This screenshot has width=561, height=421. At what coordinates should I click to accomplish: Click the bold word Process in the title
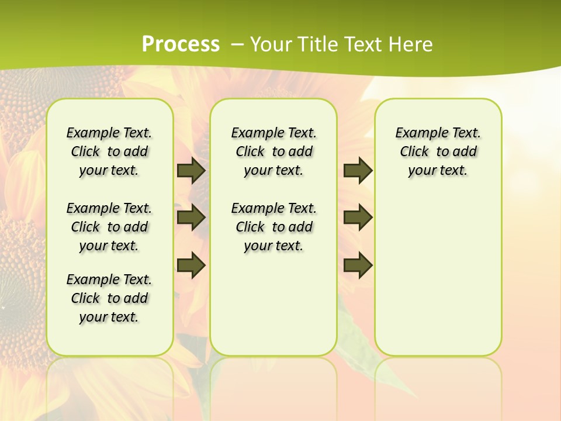coord(181,44)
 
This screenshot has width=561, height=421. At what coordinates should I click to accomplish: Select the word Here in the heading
coord(411,44)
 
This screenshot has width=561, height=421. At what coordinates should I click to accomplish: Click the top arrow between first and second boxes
coord(191,171)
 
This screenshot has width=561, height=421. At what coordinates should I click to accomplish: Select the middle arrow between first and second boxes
coord(191,218)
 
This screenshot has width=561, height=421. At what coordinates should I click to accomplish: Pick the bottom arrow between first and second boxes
coord(191,265)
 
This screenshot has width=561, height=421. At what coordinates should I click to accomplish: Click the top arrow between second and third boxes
coord(358,171)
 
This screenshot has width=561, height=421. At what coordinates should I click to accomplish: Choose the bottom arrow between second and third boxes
coord(358,265)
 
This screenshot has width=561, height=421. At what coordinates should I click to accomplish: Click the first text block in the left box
coord(109,151)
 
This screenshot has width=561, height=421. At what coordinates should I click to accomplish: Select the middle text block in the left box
coord(109,227)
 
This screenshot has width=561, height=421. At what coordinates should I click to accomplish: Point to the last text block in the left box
coord(109,298)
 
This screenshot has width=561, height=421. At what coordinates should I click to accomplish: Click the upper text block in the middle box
coord(273,151)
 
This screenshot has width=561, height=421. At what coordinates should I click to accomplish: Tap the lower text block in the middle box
coord(273,227)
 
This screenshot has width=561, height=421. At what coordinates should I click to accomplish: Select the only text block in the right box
coord(438,151)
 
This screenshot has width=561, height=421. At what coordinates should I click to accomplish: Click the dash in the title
coord(237,44)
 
